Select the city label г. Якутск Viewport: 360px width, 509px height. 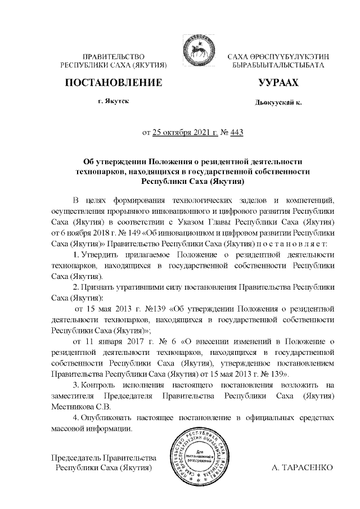coord(113,103)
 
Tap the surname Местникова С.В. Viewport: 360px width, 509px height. coord(81,407)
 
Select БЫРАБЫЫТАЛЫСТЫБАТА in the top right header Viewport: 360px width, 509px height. coord(278,66)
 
